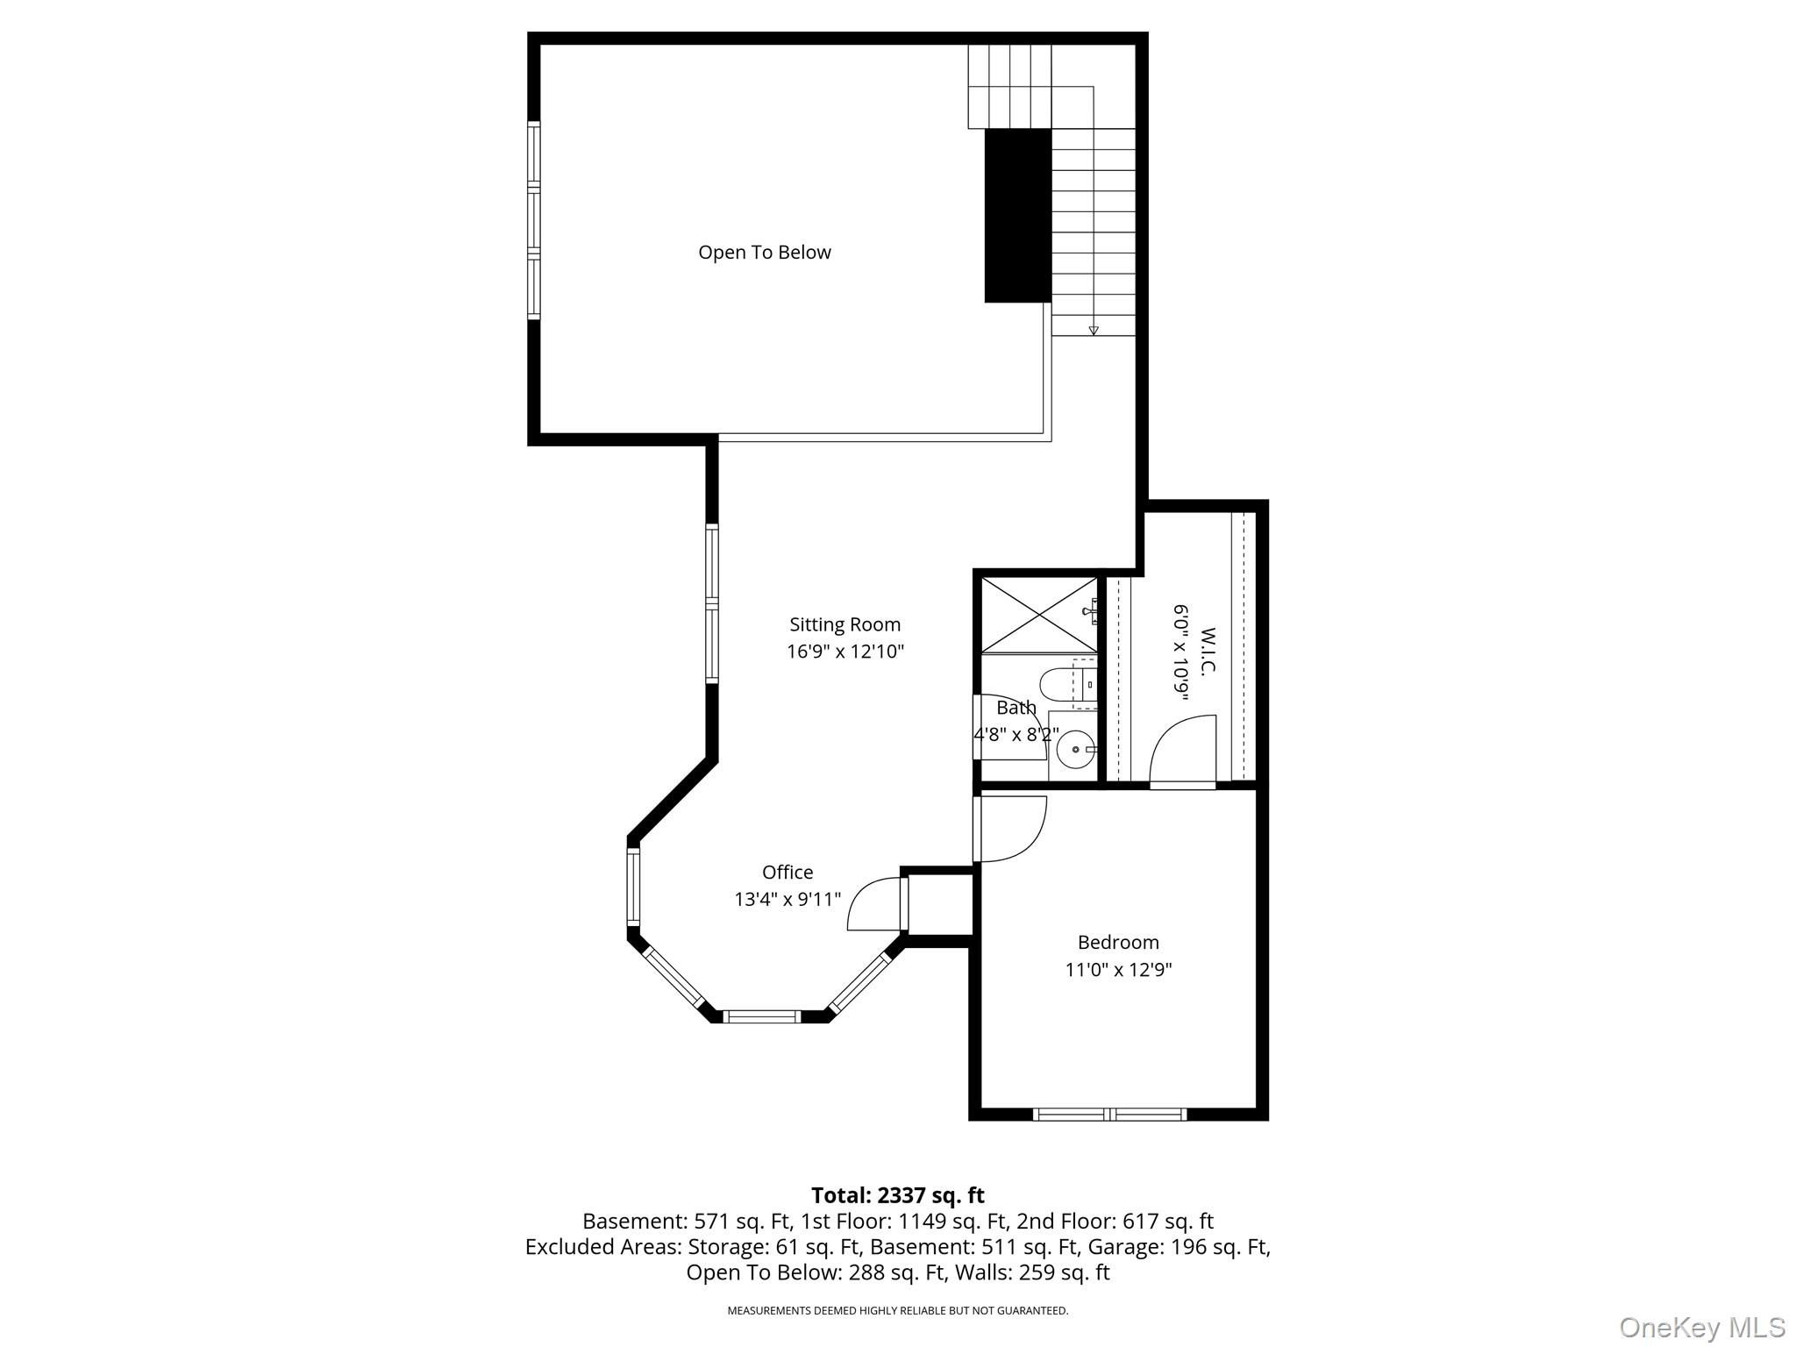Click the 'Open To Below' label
pyautogui.click(x=764, y=253)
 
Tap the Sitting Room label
pyautogui.click(x=845, y=624)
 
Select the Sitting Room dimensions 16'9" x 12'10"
pyautogui.click(x=845, y=652)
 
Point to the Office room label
pyautogui.click(x=788, y=872)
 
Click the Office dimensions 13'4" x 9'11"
pyautogui.click(x=788, y=899)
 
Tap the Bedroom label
pyautogui.click(x=1118, y=942)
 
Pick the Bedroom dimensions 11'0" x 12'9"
pyautogui.click(x=1118, y=969)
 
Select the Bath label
pyautogui.click(x=1016, y=707)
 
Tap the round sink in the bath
pyautogui.click(x=1075, y=750)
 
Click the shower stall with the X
pyautogui.click(x=1039, y=615)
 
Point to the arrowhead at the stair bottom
pyautogui.click(x=1094, y=331)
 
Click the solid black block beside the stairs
pyautogui.click(x=1017, y=216)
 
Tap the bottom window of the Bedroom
pyautogui.click(x=1109, y=1115)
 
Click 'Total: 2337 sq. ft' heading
pyautogui.click(x=897, y=1195)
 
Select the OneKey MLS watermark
pyautogui.click(x=1702, y=1327)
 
